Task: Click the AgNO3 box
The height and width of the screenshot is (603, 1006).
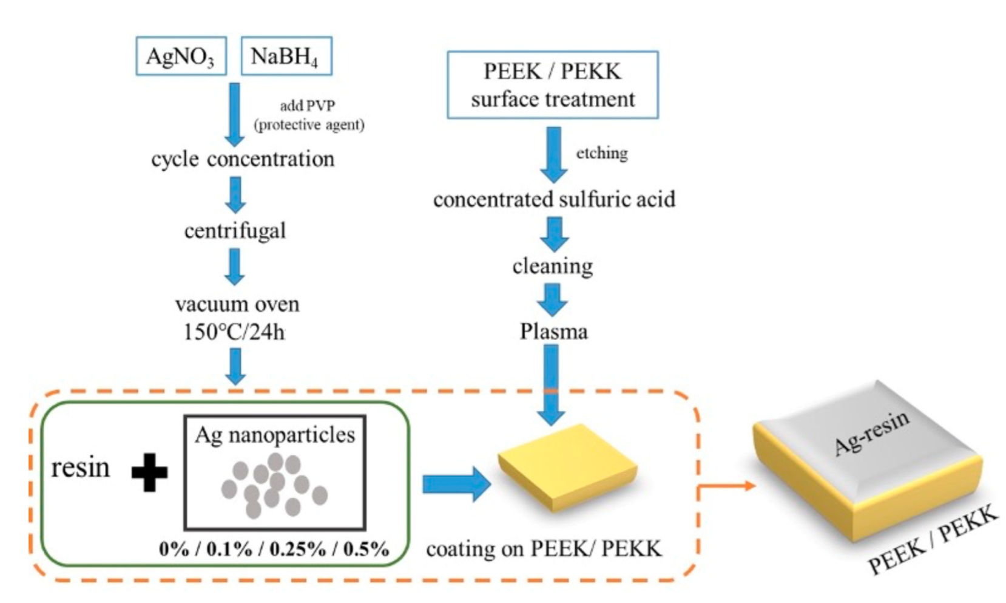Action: pos(181,56)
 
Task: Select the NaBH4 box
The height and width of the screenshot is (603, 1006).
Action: pos(286,56)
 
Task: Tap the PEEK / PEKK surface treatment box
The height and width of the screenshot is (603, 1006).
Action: pos(552,85)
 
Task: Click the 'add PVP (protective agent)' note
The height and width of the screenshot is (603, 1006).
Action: pos(308,115)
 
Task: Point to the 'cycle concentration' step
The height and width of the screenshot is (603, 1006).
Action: pos(242,159)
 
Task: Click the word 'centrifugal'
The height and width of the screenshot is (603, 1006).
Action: pos(235,231)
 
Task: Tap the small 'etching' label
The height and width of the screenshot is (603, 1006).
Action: pos(601,153)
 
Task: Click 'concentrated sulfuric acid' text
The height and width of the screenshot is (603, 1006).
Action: pos(553,199)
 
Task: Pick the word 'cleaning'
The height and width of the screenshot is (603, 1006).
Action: pos(552,265)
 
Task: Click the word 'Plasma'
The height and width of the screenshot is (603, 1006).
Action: pos(553,332)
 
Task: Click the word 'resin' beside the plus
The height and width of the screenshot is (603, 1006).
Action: pos(80,468)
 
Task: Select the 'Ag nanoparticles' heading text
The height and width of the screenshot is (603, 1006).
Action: pos(275,435)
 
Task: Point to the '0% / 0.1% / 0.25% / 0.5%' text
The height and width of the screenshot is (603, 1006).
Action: pos(274,549)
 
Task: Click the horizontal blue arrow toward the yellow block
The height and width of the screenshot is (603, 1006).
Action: pos(455,484)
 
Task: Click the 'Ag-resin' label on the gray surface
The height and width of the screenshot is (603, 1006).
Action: pos(871,432)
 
